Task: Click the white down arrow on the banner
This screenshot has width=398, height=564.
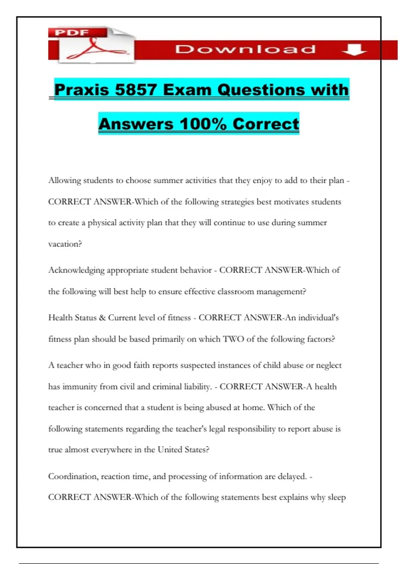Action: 354,50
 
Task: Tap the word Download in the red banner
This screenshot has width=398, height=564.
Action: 245,49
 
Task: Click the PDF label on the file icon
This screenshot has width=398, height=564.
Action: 72,33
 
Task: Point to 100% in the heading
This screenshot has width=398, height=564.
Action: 203,124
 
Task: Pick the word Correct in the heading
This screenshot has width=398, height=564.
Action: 266,124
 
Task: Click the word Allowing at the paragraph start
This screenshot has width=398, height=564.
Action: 65,180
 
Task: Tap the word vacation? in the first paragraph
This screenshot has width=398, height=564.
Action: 65,244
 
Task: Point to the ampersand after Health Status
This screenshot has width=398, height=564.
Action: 102,318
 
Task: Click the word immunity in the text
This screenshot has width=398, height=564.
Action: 80,387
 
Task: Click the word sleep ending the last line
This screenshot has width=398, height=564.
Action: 337,497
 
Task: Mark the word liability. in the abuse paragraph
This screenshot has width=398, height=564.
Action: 197,387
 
